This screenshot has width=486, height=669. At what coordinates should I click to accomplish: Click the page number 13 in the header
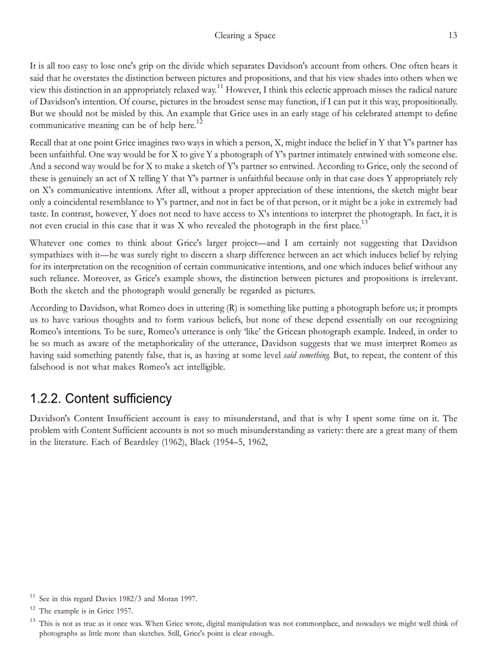point(453,35)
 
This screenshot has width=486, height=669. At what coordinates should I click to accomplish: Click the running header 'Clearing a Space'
point(245,35)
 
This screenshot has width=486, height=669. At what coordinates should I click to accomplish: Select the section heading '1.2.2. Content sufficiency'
point(101,399)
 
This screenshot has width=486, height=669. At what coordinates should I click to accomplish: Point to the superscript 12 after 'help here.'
point(200,122)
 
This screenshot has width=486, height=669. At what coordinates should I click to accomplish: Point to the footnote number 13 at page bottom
point(33,621)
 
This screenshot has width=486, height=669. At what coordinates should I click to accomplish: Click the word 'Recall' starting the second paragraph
point(42,142)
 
